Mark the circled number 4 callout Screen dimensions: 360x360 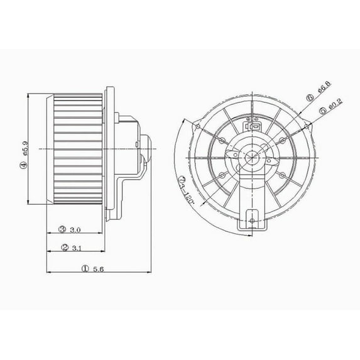[23, 165]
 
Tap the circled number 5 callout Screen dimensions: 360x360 [322, 111]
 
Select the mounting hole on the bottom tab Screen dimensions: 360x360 [251, 220]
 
